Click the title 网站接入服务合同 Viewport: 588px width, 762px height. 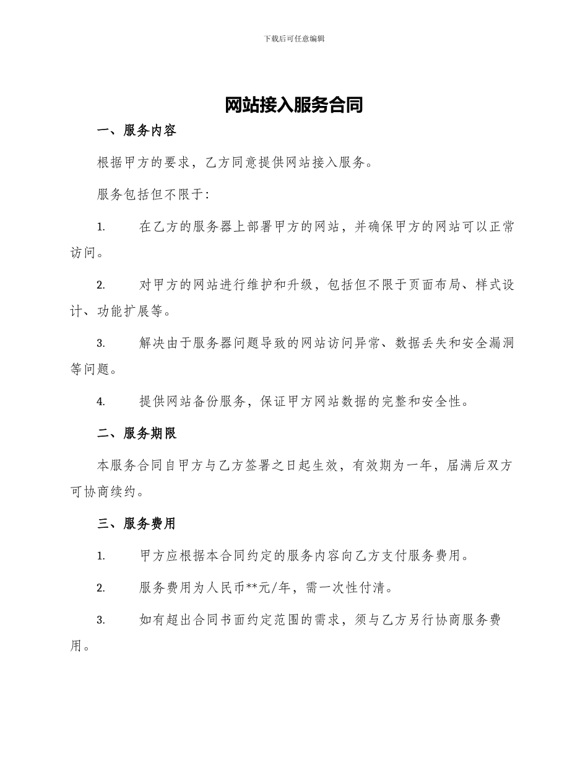[x=293, y=105]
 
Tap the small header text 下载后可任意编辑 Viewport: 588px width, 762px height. [x=294, y=38]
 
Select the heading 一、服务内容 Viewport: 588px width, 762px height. [x=137, y=131]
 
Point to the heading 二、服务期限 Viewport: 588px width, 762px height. [x=137, y=434]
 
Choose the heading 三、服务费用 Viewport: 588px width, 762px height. [x=137, y=523]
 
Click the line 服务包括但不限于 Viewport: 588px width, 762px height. [x=153, y=195]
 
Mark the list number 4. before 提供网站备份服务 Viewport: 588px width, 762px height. [x=100, y=401]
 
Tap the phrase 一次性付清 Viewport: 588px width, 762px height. [x=359, y=588]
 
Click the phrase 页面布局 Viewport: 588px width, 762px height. [x=433, y=285]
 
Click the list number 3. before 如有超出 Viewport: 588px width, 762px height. [x=100, y=620]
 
